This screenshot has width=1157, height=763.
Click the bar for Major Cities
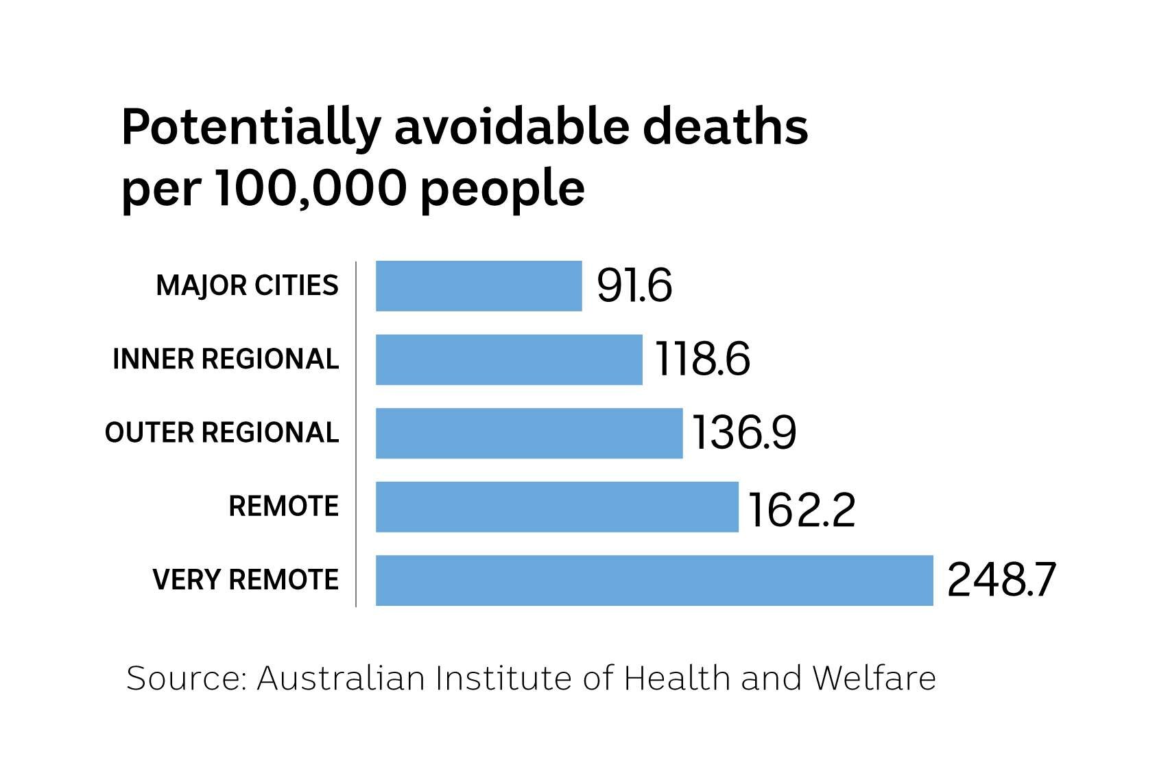tap(479, 285)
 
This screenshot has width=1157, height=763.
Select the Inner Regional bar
tap(509, 360)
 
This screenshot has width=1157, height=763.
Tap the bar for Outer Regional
tap(529, 433)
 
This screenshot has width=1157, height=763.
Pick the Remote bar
tap(557, 506)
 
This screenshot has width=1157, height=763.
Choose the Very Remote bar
tap(654, 580)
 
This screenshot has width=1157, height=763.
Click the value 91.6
tap(634, 285)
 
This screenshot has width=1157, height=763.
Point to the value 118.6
tap(703, 360)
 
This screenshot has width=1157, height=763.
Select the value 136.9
tap(743, 433)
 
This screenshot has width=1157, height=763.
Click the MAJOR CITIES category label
tap(248, 285)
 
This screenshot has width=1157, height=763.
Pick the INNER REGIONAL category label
tap(226, 360)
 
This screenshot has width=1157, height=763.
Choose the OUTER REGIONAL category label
tap(222, 433)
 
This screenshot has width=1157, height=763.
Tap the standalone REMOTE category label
tap(283, 507)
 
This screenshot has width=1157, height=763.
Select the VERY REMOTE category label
tap(246, 580)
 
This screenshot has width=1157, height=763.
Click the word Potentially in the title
tap(250, 128)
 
